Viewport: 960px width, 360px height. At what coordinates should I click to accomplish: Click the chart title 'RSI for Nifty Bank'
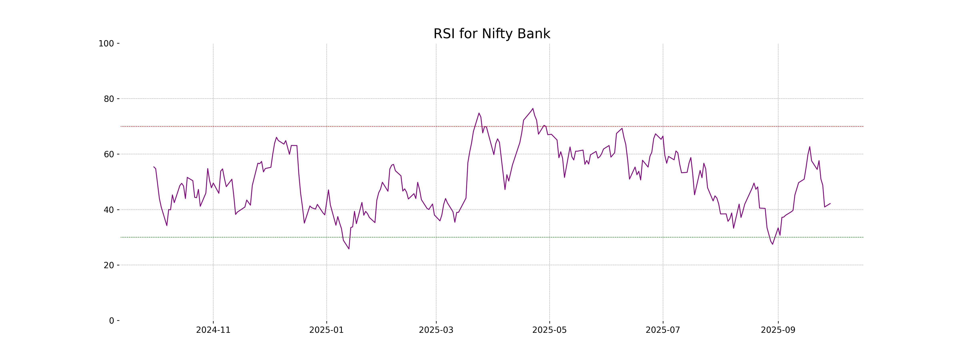[492, 34]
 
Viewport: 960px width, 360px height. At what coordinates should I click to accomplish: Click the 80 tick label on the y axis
[109, 99]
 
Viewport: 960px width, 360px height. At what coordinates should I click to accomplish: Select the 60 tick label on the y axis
[109, 154]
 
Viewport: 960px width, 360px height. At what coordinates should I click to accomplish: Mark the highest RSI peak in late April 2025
[533, 108]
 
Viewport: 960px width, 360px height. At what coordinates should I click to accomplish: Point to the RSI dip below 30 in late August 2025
[773, 244]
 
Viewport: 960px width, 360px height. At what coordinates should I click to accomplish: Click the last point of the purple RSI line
[830, 203]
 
